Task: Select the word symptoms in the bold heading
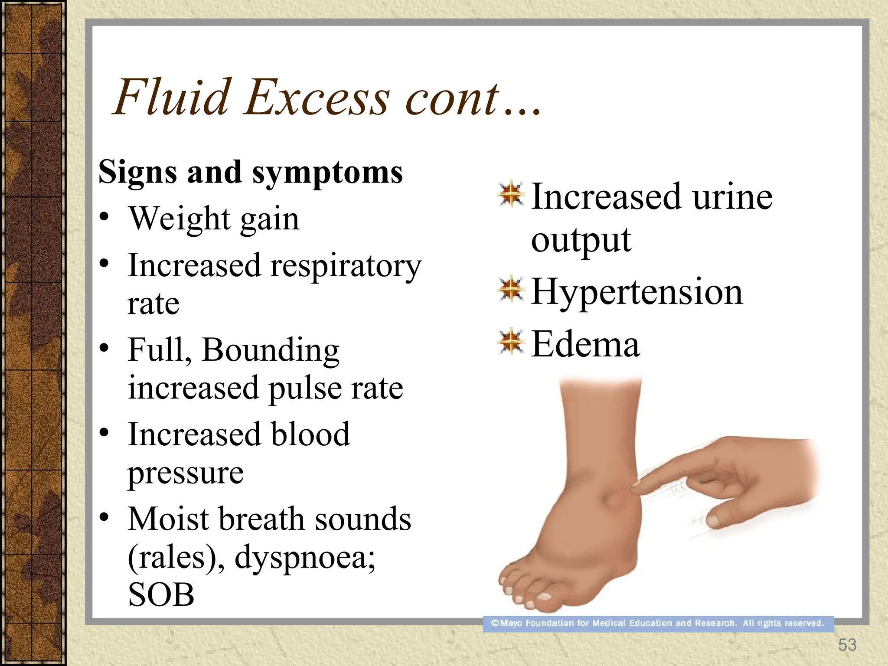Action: pyautogui.click(x=327, y=173)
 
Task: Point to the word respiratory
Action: pyautogui.click(x=346, y=266)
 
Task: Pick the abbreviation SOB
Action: pyautogui.click(x=161, y=595)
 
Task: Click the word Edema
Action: pyautogui.click(x=585, y=344)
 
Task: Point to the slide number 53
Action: pyautogui.click(x=847, y=645)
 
